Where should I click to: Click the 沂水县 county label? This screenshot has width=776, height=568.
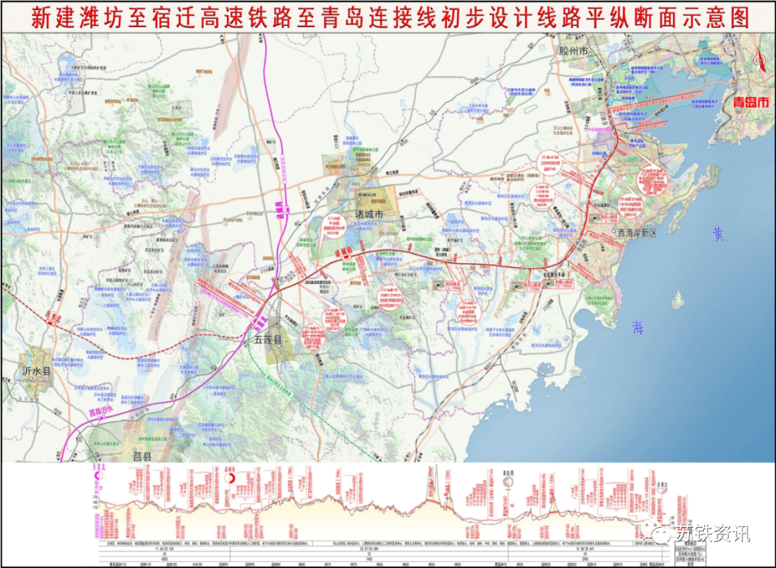[x=37, y=372]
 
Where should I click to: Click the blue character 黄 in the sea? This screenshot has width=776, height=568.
[x=718, y=234]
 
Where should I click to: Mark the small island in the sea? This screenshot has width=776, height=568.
[x=678, y=298]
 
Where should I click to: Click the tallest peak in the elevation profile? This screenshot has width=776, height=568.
[x=432, y=471]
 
